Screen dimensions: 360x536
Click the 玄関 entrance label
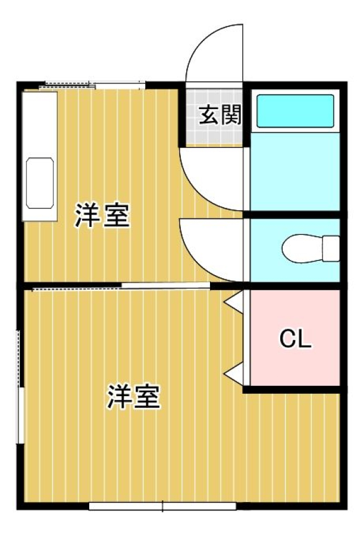220,115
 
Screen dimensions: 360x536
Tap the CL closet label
296,339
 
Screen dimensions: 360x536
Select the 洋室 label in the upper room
102,216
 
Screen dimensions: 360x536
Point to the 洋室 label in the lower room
133,397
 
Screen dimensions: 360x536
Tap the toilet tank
331,248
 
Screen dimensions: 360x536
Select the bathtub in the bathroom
295,111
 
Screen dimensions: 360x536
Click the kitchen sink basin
40,183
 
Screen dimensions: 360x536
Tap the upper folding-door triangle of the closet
234,301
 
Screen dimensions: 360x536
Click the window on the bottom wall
162,506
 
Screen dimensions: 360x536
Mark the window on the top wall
92,85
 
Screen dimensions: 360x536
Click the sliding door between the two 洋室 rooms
121,286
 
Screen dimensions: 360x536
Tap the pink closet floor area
295,338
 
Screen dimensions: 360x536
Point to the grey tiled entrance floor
214,117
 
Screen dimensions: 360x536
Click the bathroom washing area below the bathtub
295,172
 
